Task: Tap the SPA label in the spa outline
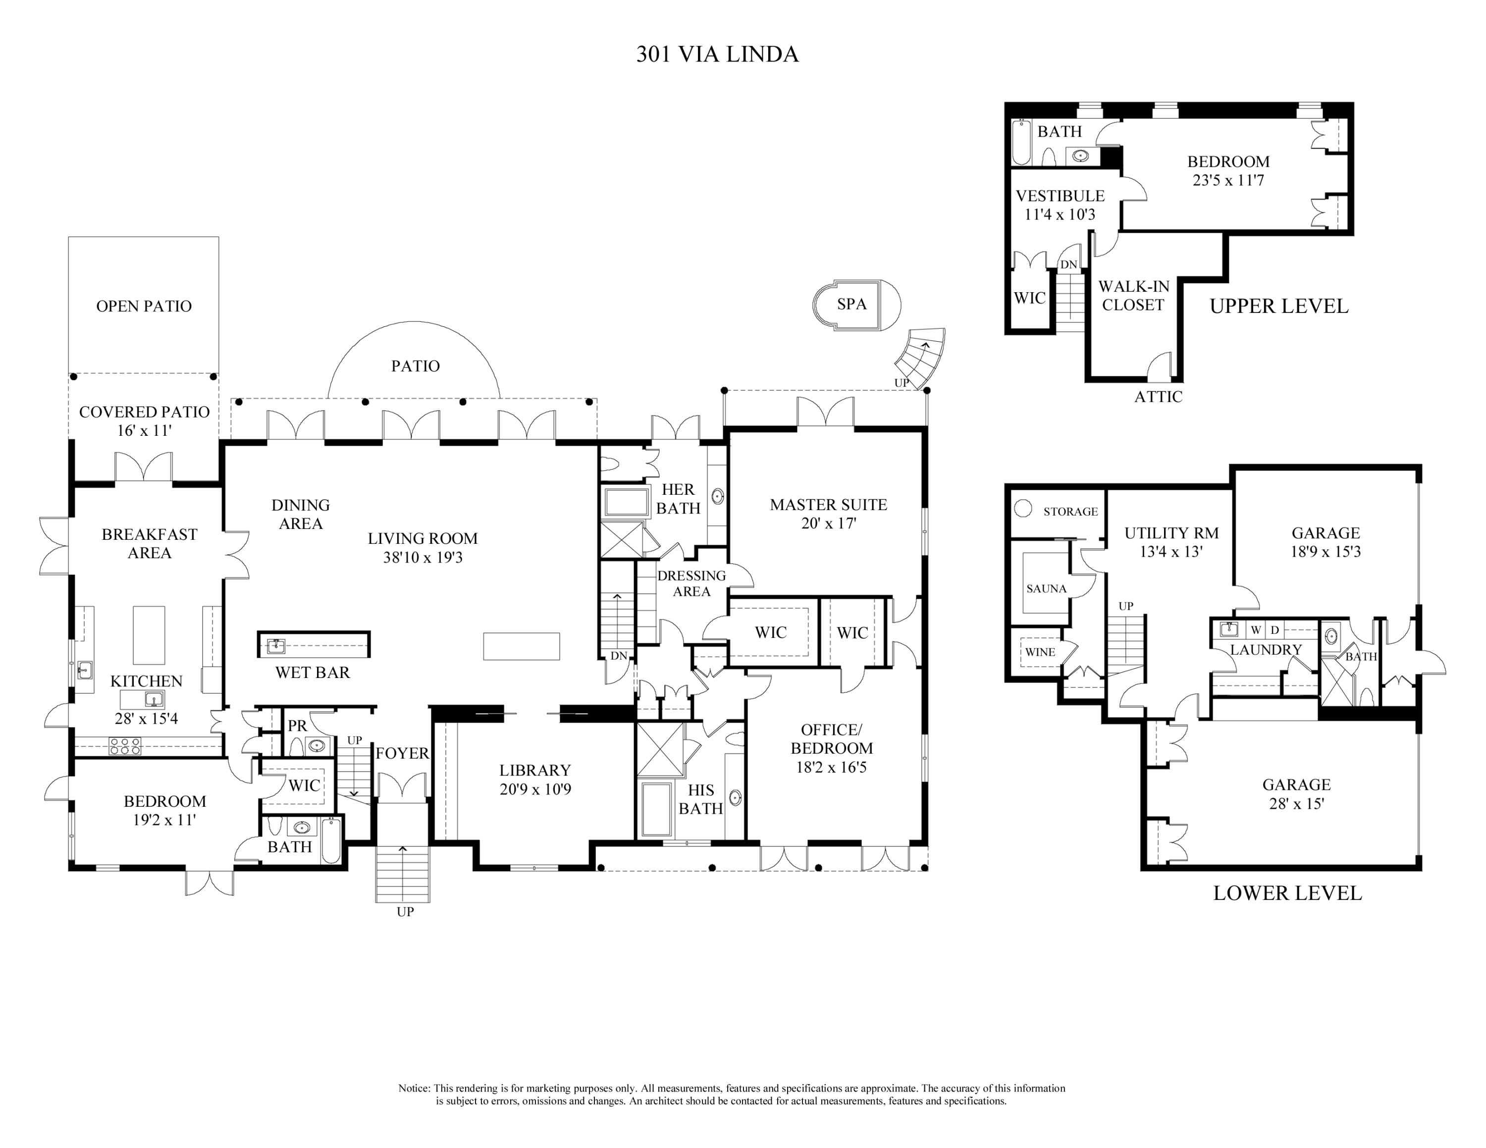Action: (x=852, y=304)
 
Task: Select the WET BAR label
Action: (x=312, y=673)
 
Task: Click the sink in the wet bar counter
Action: (x=276, y=645)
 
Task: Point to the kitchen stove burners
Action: (x=125, y=747)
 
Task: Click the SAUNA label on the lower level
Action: (x=1047, y=589)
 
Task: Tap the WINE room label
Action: (x=1040, y=652)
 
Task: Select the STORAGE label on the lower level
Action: (x=1071, y=512)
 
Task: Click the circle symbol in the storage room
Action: (x=1023, y=508)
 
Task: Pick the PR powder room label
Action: (x=297, y=726)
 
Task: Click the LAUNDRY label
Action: (x=1266, y=649)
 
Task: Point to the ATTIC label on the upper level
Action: (x=1158, y=397)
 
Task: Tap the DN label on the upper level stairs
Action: (x=1069, y=264)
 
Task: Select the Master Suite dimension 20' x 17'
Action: (x=828, y=523)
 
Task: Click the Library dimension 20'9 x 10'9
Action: (x=535, y=789)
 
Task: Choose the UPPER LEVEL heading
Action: (x=1279, y=306)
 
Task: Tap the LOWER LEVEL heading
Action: (x=1288, y=893)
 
